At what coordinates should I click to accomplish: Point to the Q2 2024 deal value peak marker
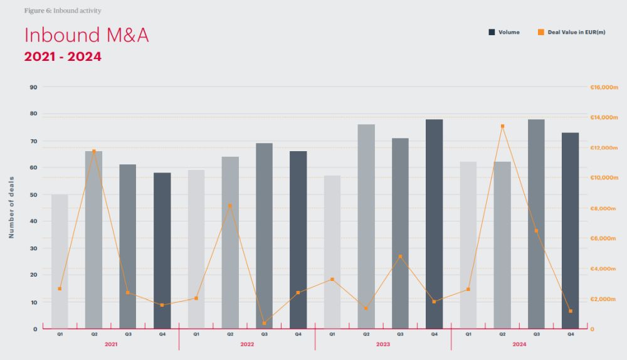[502, 126]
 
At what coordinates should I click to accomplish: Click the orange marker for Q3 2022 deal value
[264, 323]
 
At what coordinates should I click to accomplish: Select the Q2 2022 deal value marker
[230, 206]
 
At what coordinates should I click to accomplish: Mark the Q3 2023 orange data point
[400, 257]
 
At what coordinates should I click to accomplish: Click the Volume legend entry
[504, 32]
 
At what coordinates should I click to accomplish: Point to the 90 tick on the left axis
[33, 87]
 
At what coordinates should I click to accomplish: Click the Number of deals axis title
[11, 208]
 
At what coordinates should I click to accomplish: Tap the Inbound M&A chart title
[86, 35]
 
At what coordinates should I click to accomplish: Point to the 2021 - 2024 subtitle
[63, 56]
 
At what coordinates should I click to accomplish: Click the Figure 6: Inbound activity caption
[62, 11]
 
